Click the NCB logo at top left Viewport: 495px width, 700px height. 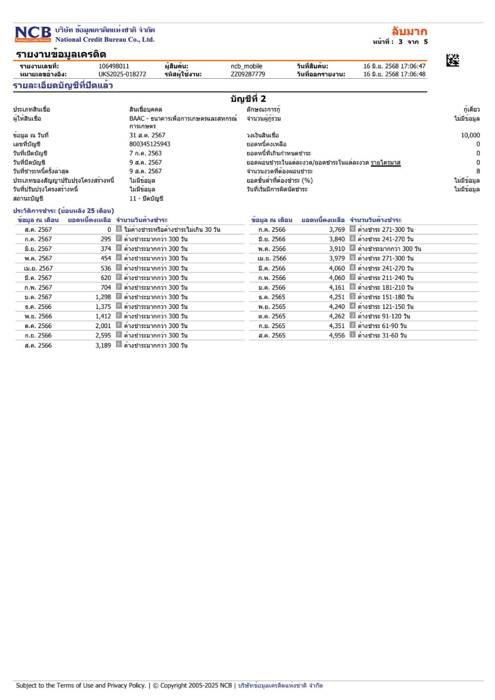(32, 33)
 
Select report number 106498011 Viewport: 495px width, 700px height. (114, 67)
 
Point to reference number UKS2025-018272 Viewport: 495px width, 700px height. (123, 74)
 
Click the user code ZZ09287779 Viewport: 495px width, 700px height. (248, 74)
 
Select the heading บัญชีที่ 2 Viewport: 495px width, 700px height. (248, 98)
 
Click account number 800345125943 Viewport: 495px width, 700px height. (150, 144)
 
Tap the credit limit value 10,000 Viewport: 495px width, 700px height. (470, 135)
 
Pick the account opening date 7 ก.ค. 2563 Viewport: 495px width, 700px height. (145, 153)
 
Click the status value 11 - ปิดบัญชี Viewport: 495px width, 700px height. (146, 198)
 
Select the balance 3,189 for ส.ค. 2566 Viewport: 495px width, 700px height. (103, 345)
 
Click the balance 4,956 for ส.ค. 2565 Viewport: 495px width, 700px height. (337, 335)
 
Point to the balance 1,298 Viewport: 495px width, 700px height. (103, 297)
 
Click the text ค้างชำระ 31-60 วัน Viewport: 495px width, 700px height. (382, 335)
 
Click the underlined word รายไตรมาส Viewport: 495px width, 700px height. (386, 162)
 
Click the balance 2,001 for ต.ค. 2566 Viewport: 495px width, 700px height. (103, 326)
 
